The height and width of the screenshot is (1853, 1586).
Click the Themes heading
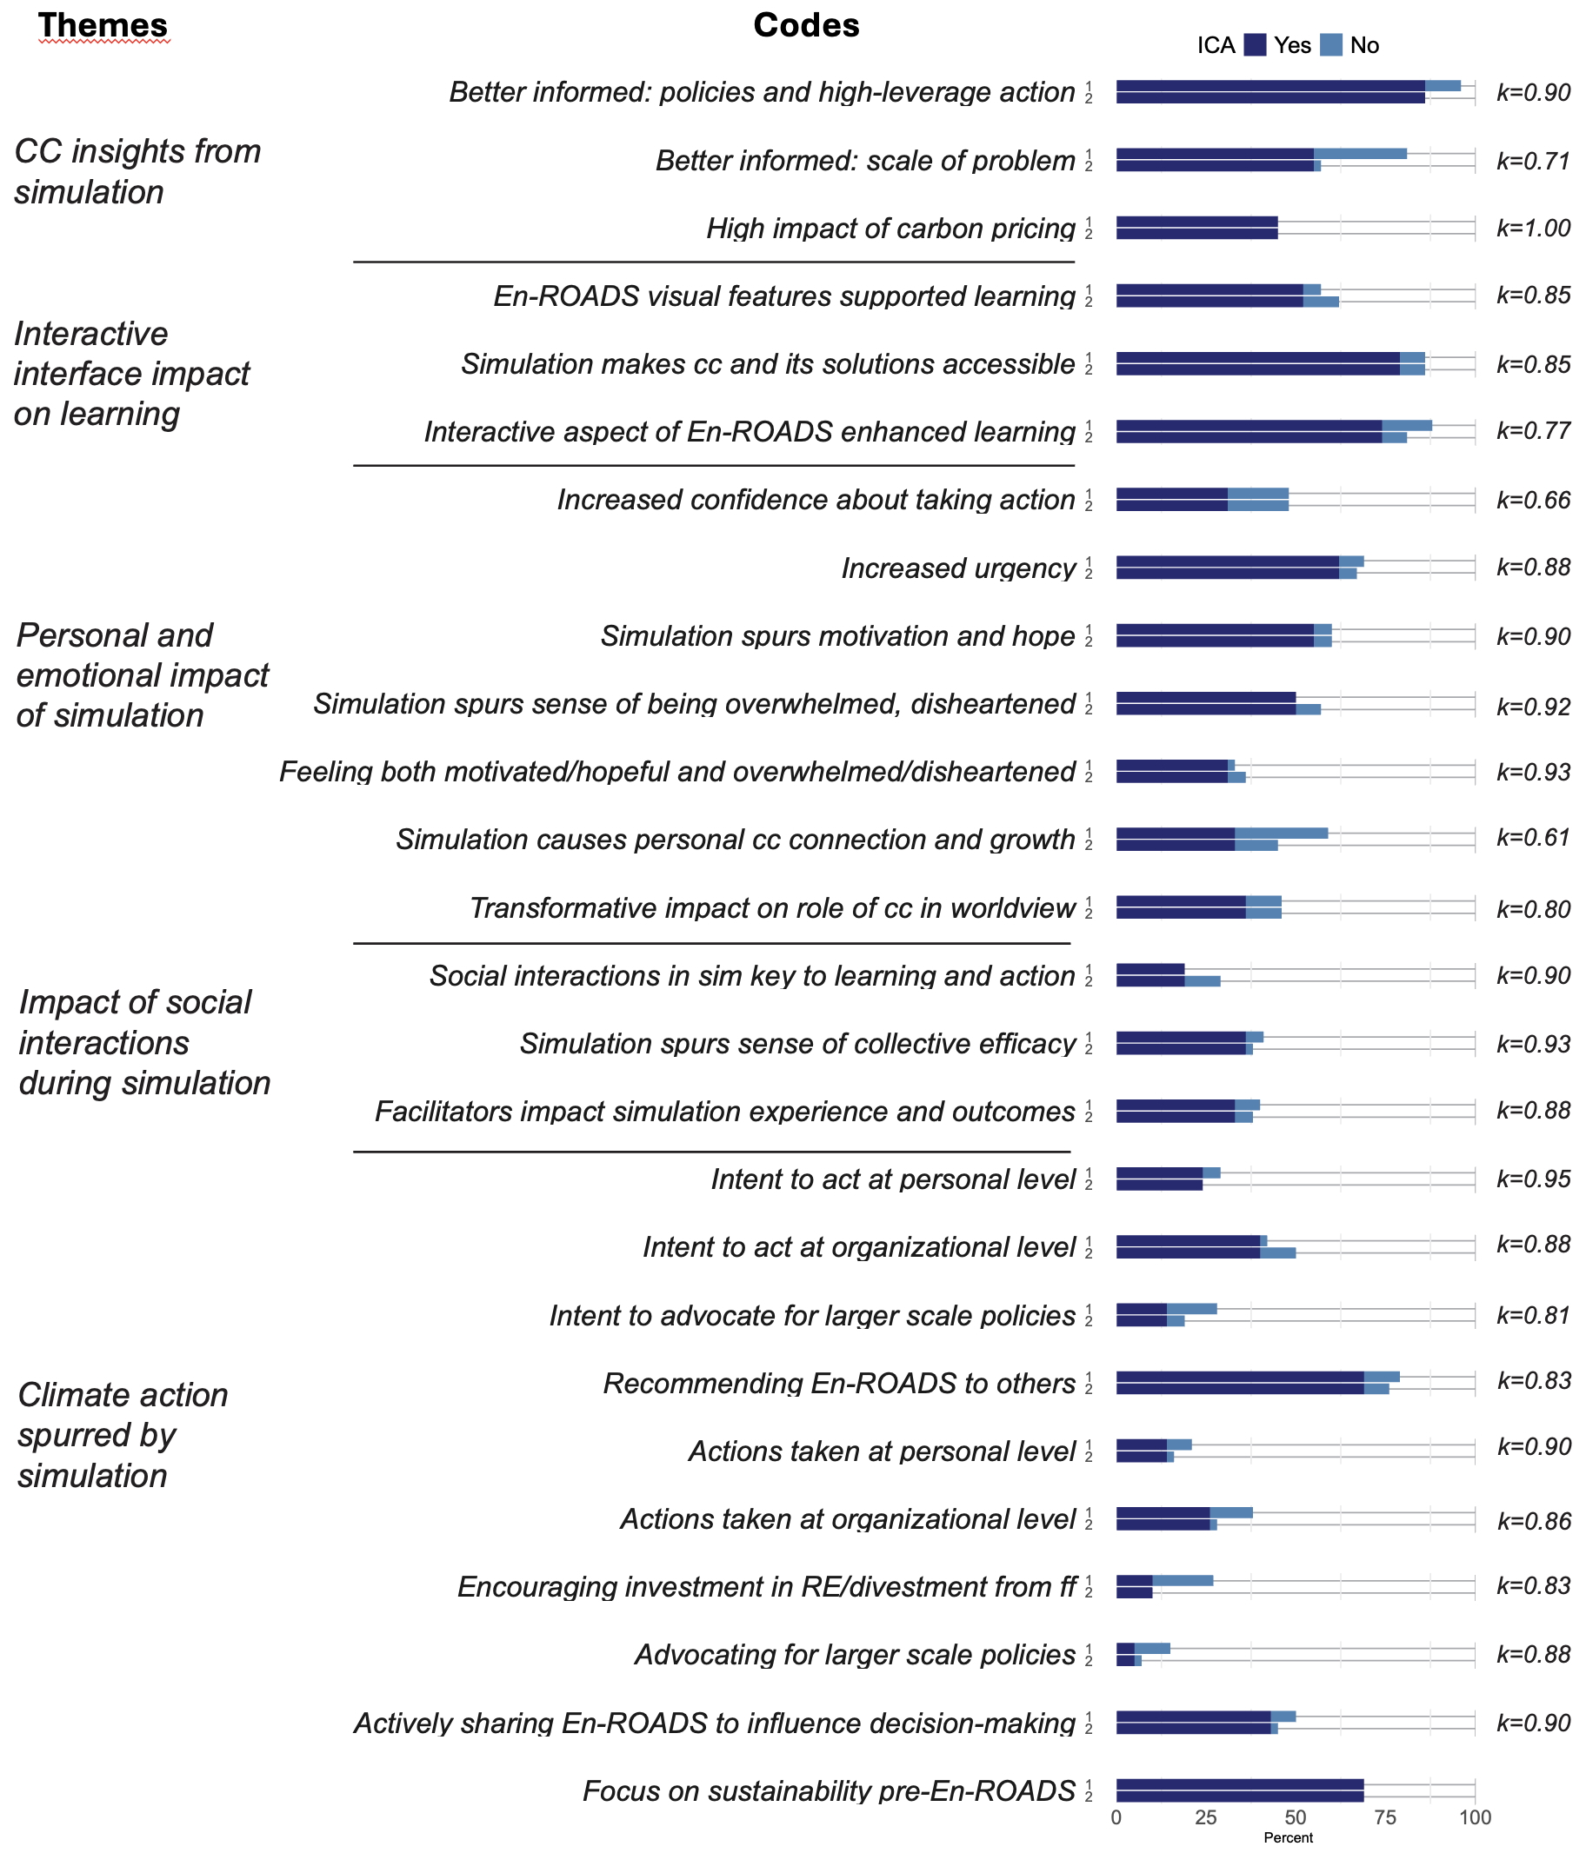point(103,26)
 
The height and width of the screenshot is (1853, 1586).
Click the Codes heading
point(805,26)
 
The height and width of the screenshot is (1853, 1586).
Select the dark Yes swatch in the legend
point(1255,45)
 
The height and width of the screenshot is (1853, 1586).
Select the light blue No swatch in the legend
point(1332,45)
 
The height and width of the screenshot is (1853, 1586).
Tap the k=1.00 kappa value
point(1533,228)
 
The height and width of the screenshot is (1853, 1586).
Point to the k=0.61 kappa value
point(1533,838)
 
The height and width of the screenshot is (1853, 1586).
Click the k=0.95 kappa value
point(1533,1179)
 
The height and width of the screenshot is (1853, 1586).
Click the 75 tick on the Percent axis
point(1385,1818)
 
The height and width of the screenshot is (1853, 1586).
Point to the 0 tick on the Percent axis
point(1116,1818)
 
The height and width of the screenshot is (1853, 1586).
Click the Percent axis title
point(1288,1839)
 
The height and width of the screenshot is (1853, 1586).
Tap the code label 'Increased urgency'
point(958,568)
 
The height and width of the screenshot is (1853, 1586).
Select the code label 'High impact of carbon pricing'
point(890,229)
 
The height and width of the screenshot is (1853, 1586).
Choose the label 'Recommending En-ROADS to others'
point(839,1384)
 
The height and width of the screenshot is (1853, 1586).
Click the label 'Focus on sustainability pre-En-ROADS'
point(829,1791)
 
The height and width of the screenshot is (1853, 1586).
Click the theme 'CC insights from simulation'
point(137,172)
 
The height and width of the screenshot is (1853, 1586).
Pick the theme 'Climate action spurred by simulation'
point(123,1435)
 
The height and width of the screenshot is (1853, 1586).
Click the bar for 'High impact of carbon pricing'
point(1196,228)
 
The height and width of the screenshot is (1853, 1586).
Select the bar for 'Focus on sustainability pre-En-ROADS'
point(1240,1791)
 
